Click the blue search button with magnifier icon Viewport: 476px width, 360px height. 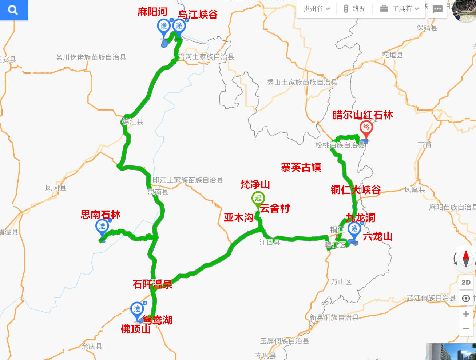click(x=13, y=10)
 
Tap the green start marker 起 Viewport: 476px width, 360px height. click(x=258, y=198)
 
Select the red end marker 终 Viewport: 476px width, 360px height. click(x=366, y=128)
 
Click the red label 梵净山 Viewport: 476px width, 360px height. click(x=255, y=184)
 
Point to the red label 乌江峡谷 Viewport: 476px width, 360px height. click(x=198, y=15)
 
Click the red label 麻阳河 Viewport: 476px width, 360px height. click(x=152, y=12)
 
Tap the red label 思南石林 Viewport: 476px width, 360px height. click(x=100, y=215)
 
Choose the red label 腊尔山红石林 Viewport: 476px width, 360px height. click(x=362, y=115)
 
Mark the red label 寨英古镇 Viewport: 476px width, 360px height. click(x=301, y=167)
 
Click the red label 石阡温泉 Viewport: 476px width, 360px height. click(x=152, y=284)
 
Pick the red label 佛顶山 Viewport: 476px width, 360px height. click(x=135, y=329)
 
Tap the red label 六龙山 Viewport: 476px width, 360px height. click(x=378, y=236)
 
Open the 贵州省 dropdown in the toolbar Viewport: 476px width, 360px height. click(x=317, y=9)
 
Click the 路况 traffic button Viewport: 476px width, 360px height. click(x=354, y=9)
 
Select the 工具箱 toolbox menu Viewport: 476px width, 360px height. click(x=399, y=9)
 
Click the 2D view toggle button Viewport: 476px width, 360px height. click(x=466, y=282)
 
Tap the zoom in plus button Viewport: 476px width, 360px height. click(x=466, y=314)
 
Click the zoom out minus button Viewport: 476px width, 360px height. click(x=466, y=329)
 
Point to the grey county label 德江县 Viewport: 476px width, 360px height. click(x=133, y=121)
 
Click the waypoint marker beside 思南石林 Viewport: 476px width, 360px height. click(x=102, y=226)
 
